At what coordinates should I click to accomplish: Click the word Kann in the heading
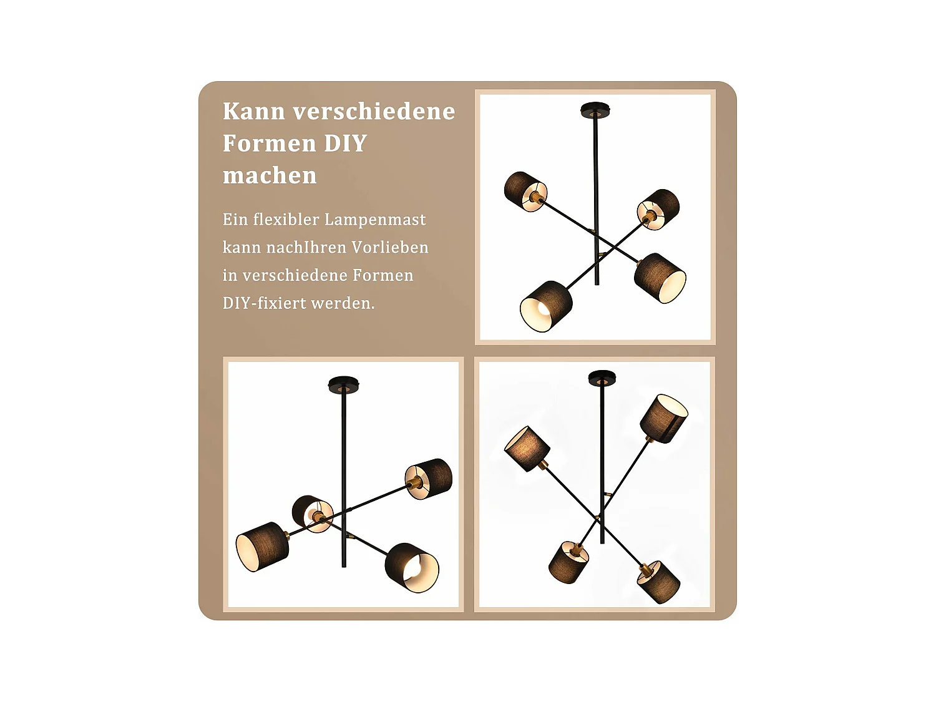[254, 111]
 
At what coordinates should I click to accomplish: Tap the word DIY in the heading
[346, 144]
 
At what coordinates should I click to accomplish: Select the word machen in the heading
[270, 175]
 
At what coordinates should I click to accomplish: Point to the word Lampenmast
[375, 220]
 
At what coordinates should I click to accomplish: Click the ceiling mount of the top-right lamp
[595, 110]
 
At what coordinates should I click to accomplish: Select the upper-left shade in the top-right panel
[525, 191]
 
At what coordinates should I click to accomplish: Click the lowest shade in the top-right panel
[546, 306]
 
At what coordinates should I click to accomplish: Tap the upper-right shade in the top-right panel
[658, 209]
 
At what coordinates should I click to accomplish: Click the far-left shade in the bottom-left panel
[262, 547]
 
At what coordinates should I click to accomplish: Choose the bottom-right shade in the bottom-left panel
[412, 567]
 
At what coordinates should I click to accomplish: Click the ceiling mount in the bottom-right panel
[602, 378]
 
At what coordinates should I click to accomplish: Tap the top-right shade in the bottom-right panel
[664, 419]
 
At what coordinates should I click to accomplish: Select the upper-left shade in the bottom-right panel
[527, 449]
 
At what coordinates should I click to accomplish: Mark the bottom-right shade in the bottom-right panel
[658, 582]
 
